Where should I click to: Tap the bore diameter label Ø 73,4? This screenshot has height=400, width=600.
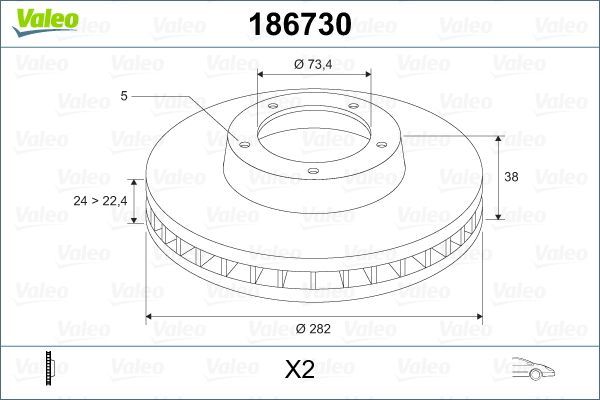[x=314, y=64]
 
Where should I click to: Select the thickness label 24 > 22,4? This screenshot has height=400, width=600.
[x=100, y=201]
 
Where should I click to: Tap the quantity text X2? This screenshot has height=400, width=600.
[x=300, y=370]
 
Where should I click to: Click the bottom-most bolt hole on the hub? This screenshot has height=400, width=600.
[x=312, y=172]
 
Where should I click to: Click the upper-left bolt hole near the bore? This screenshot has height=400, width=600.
[x=271, y=110]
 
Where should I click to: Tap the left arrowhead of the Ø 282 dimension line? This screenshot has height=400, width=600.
[x=151, y=317]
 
